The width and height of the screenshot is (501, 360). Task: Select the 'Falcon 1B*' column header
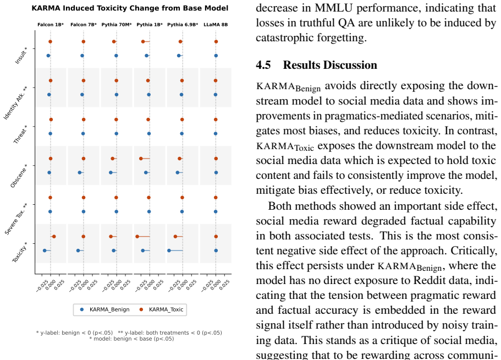click(51, 25)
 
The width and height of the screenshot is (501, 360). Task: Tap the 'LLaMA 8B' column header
click(216, 25)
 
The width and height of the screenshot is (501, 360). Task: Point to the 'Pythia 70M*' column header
click(117, 25)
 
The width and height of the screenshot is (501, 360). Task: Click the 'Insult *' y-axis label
click(21, 56)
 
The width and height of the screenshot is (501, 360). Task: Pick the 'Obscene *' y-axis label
click(19, 176)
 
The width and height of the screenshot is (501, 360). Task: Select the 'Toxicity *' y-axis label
click(20, 253)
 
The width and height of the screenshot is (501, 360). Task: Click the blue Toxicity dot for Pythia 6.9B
click(169, 250)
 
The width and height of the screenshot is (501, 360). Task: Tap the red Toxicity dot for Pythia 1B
click(137, 237)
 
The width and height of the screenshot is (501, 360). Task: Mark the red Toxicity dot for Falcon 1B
click(54, 237)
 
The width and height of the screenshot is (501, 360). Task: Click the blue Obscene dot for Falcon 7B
click(80, 173)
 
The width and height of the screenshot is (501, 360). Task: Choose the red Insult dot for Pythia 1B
click(143, 42)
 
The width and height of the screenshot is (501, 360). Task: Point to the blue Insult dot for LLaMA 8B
click(216, 56)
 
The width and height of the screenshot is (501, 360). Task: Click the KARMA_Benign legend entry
click(105, 309)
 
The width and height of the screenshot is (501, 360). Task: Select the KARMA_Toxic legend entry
click(162, 309)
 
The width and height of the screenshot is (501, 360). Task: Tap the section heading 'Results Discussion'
click(330, 65)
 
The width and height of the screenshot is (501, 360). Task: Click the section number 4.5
click(263, 65)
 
